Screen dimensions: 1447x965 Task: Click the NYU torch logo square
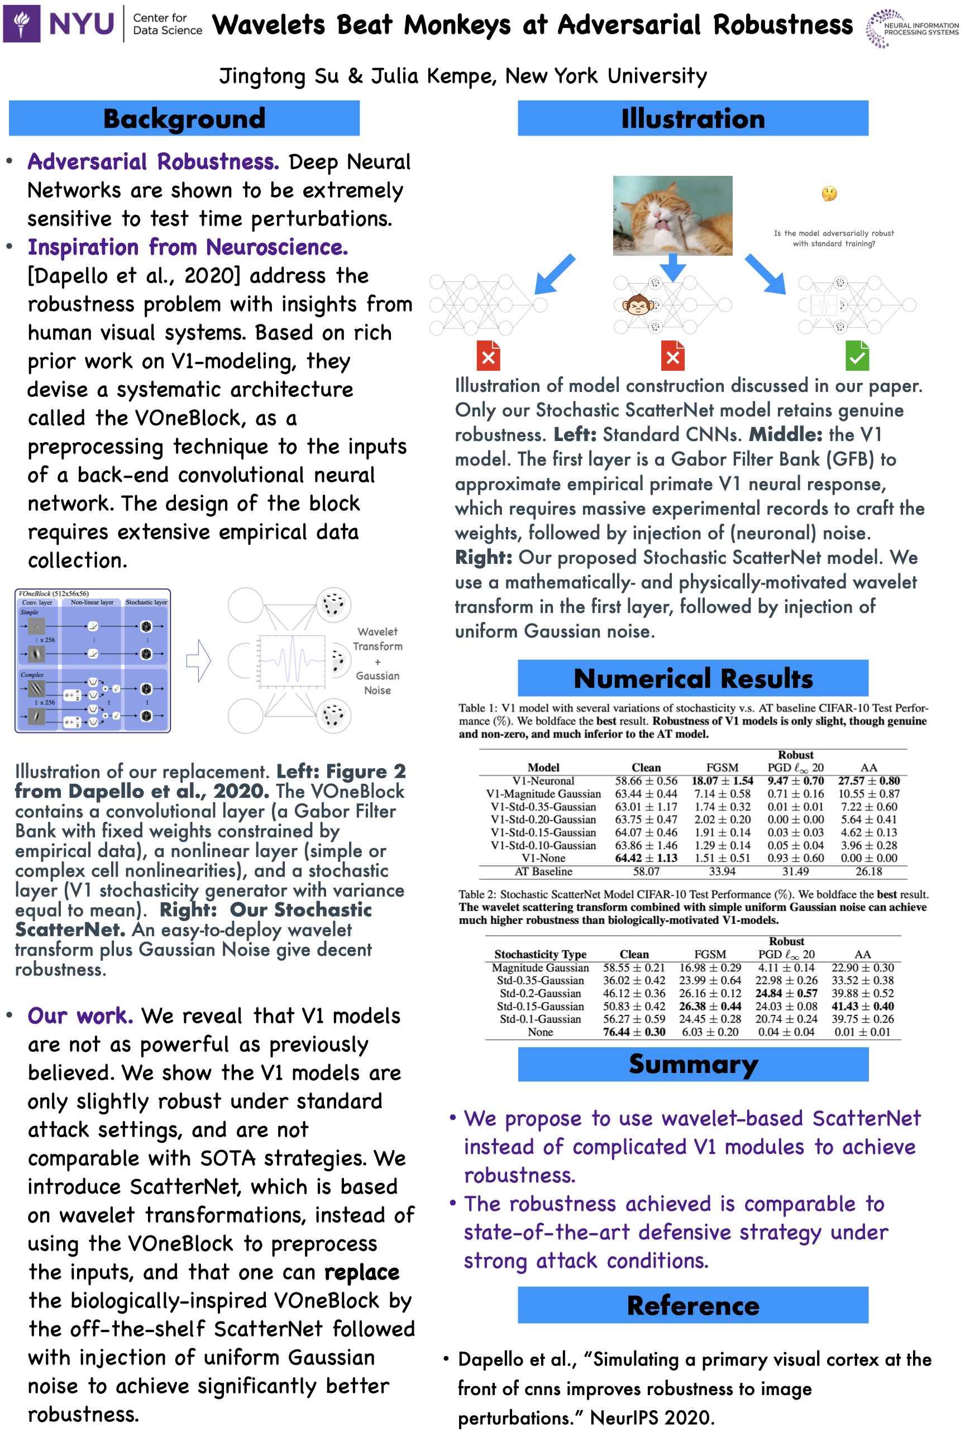[22, 23]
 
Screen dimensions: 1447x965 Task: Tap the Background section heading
[184, 118]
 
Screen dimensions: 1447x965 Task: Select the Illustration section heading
[692, 118]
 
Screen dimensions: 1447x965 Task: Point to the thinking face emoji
[829, 194]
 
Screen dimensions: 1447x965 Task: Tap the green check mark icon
[857, 356]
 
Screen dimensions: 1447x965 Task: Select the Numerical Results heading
[692, 678]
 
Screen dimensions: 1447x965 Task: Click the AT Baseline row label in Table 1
[543, 871]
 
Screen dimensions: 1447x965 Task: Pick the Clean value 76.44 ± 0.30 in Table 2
[634, 1032]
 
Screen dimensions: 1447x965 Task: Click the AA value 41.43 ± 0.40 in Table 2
[862, 1006]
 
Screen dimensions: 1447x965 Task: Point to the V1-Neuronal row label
[543, 780]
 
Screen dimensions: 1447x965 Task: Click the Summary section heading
[692, 1063]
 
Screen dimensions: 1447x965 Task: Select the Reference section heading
[692, 1305]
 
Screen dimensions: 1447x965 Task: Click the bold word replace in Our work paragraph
[362, 1272]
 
